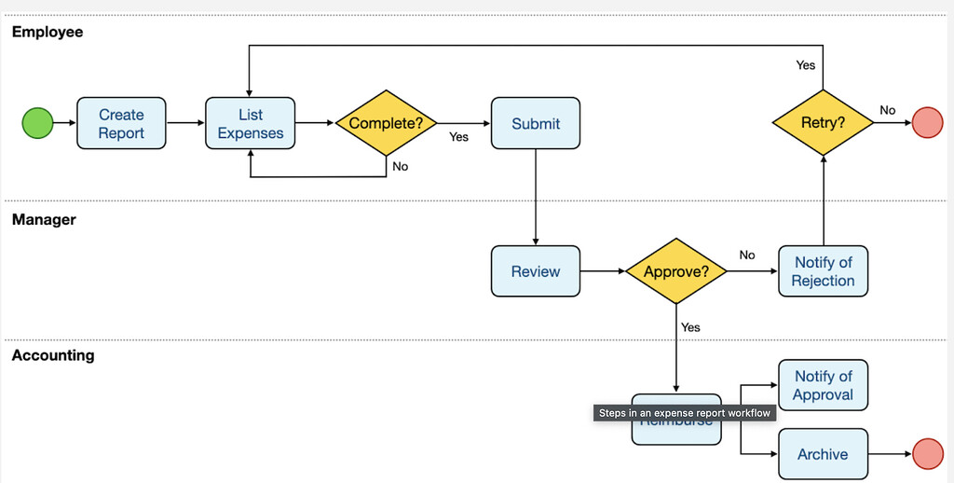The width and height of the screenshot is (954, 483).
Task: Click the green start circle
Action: pos(37,123)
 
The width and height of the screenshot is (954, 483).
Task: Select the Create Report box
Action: pos(121,123)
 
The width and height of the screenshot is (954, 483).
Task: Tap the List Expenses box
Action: pos(250,123)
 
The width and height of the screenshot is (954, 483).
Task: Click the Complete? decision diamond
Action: pos(386,123)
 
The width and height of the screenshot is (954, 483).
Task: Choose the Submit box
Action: pos(536,123)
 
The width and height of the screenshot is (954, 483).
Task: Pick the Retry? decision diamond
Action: pos(823,123)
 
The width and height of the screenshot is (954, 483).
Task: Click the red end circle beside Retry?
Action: pos(927,123)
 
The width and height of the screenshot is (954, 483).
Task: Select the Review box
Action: pos(536,271)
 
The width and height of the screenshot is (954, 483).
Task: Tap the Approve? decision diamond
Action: pos(675,271)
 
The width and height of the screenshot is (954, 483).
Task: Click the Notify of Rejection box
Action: pos(823,271)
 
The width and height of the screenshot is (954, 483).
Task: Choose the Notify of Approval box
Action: pos(823,385)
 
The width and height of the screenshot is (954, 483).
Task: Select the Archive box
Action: pos(823,454)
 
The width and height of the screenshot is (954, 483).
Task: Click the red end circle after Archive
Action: pos(927,454)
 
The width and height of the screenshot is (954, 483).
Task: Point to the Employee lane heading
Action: pos(48,32)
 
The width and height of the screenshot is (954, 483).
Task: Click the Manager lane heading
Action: pos(44,220)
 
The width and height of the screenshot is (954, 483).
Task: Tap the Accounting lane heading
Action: pos(53,355)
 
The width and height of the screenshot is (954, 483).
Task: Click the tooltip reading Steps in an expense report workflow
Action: pos(685,413)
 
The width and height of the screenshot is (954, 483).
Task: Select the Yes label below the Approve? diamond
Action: pos(690,327)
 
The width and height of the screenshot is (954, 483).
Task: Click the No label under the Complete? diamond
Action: pos(400,167)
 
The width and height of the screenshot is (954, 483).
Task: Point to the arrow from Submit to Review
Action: pos(536,196)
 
